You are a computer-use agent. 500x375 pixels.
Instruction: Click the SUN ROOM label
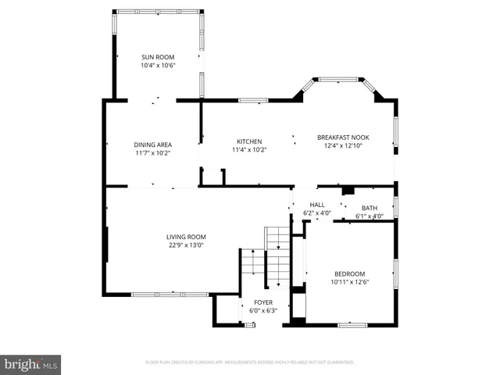click(x=157, y=57)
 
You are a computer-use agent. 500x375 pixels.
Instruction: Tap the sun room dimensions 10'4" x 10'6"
click(x=157, y=66)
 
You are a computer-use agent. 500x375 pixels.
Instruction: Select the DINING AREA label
click(x=152, y=145)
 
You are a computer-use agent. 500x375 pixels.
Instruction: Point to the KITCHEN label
click(x=249, y=141)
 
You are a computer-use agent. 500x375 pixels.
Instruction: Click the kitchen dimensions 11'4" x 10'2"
click(x=249, y=150)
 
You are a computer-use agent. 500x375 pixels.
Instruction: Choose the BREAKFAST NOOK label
click(x=343, y=137)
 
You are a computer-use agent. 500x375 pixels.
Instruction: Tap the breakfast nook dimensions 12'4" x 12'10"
click(x=343, y=146)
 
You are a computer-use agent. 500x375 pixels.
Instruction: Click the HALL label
click(x=316, y=205)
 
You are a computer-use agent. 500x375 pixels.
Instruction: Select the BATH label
click(x=369, y=208)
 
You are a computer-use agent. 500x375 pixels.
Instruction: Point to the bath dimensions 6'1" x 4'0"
click(x=369, y=216)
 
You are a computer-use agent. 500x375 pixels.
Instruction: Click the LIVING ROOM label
click(x=186, y=237)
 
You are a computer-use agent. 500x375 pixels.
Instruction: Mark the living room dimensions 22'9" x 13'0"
click(x=186, y=245)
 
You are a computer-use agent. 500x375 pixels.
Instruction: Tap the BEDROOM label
click(x=348, y=273)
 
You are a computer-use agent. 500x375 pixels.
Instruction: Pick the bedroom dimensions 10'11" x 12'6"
click(x=348, y=282)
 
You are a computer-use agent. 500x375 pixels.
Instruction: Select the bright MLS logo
click(x=31, y=364)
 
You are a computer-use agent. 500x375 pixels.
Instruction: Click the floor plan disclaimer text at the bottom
click(x=250, y=362)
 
